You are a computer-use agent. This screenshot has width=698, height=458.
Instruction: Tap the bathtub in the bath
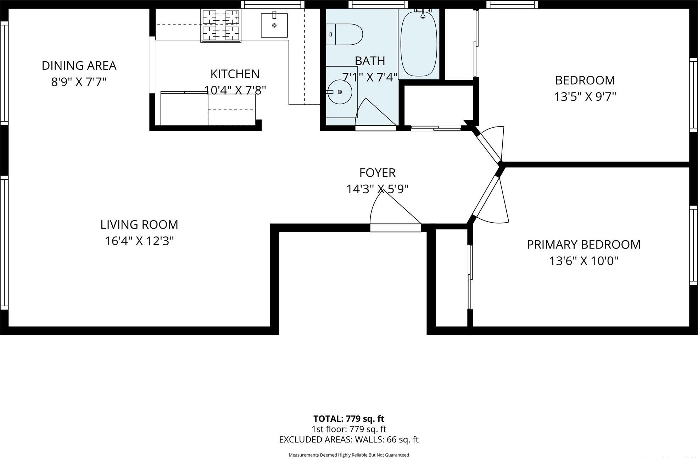418,43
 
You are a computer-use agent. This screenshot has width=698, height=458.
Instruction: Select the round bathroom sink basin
340,92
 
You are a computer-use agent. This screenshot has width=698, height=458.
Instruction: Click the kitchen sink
274,26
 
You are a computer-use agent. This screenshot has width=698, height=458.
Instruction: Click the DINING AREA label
79,66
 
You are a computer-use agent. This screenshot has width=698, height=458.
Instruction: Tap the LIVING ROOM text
139,224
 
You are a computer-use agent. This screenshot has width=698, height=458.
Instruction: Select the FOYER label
377,173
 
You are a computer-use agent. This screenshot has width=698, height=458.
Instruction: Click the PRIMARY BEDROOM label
583,245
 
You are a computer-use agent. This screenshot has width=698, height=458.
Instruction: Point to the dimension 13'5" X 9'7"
585,97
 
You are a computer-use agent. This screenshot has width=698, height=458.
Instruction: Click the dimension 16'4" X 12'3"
139,241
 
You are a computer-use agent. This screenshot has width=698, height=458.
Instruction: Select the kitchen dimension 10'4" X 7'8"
235,90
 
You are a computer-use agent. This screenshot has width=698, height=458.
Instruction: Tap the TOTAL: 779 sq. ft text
348,419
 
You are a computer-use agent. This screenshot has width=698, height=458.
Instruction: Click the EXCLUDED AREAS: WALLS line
348,440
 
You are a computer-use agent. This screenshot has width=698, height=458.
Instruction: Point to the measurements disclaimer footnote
348,455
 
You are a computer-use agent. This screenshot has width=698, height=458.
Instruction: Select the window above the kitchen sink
272,4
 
